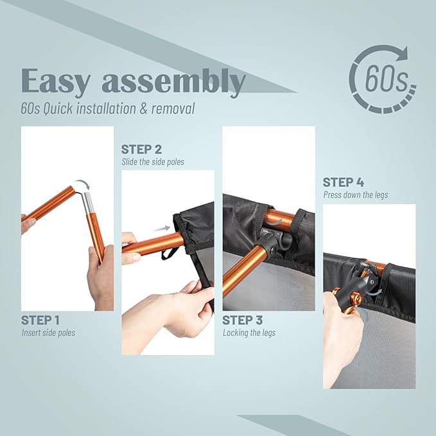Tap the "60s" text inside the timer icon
(x=387, y=79)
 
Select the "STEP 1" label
(x=40, y=320)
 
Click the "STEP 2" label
(x=141, y=150)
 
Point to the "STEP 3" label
(x=242, y=320)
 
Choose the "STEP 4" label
(x=343, y=182)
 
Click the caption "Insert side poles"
(x=48, y=333)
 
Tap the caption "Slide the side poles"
(x=153, y=162)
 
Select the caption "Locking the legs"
(x=249, y=333)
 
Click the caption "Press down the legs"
(x=355, y=195)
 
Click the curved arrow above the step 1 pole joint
(x=83, y=184)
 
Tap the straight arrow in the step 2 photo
(x=162, y=229)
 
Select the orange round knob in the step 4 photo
(x=356, y=300)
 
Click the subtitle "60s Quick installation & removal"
(x=108, y=109)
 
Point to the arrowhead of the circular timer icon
(x=403, y=53)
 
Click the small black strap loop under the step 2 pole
(x=169, y=253)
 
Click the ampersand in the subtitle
(x=143, y=109)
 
